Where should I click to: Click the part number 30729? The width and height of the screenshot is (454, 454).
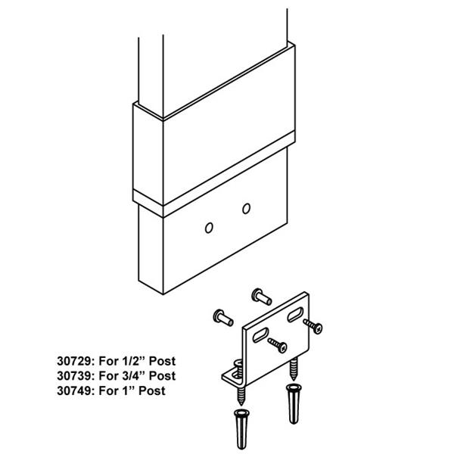click(x=74, y=361)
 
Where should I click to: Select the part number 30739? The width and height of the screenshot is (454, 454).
click(x=74, y=376)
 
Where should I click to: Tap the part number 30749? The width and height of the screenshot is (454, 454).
click(x=74, y=390)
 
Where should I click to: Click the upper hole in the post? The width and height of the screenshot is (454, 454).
click(x=247, y=209)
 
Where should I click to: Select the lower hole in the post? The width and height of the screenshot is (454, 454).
click(x=209, y=228)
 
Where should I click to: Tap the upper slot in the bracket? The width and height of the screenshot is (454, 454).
click(x=295, y=315)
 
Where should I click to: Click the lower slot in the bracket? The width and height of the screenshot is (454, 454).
click(x=260, y=335)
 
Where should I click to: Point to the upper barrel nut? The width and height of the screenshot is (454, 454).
click(x=262, y=297)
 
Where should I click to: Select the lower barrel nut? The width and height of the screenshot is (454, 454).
click(x=223, y=318)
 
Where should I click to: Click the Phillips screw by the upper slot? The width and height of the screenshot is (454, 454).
click(x=313, y=326)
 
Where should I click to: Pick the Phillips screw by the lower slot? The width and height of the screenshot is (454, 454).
click(x=278, y=345)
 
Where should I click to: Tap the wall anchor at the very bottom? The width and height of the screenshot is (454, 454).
click(x=241, y=429)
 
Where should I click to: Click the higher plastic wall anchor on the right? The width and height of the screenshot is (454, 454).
click(x=294, y=403)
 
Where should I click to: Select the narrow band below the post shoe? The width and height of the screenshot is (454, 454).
click(x=214, y=175)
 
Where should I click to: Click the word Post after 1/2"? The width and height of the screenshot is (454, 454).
click(x=162, y=361)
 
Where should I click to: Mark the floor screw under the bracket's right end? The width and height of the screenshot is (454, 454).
click(x=294, y=368)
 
